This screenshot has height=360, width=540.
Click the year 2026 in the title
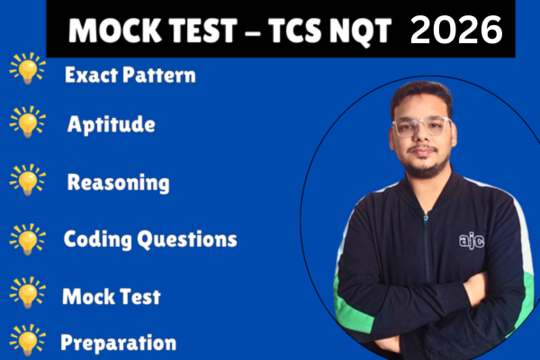(456, 30)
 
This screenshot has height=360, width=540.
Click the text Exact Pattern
(130, 76)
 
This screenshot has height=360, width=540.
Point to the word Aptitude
(111, 124)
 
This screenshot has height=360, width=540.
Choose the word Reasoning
(118, 183)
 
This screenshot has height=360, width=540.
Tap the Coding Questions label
(150, 239)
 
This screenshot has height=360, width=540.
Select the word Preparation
(118, 342)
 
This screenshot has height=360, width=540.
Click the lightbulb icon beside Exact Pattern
(27, 72)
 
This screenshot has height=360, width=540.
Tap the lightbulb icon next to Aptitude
(27, 122)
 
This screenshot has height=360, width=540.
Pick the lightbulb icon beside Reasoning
(27, 180)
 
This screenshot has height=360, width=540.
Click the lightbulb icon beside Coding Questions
(27, 238)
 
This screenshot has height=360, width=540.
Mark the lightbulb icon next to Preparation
(27, 341)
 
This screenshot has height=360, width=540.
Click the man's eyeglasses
(422, 125)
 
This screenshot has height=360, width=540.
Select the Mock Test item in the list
(111, 295)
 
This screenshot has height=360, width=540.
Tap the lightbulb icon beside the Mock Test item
(27, 292)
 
